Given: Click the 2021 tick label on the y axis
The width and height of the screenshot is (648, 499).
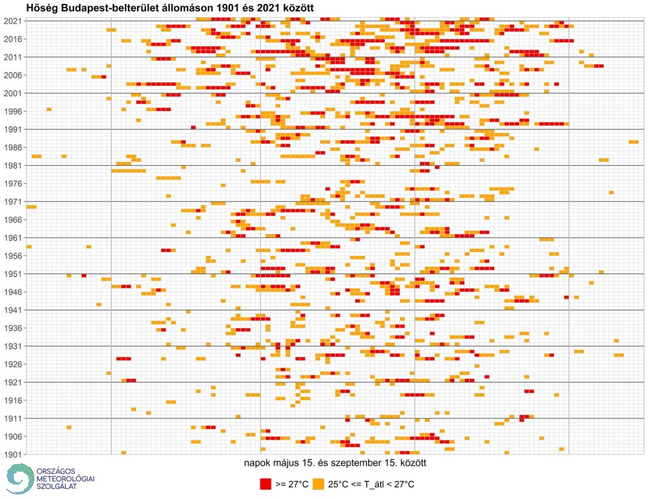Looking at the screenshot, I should point(12,21).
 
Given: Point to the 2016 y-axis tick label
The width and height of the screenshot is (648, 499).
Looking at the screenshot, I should point(12,39).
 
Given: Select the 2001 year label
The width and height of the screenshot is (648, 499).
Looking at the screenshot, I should point(12,93).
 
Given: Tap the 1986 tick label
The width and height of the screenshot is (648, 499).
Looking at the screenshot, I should point(12,147).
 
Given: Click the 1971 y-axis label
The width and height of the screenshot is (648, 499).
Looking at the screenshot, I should point(12,201).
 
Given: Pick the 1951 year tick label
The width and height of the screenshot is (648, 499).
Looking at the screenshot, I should point(12,274).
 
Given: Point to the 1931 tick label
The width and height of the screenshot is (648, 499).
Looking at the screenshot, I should point(12,346).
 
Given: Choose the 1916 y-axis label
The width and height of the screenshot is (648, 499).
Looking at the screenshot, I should point(12,400).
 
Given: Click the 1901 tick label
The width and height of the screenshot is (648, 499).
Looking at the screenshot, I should point(12,454).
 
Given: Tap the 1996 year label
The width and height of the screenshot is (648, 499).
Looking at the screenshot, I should point(12,111).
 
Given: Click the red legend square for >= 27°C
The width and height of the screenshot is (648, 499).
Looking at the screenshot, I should point(265,484).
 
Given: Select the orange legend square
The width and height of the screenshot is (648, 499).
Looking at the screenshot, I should point(318,484).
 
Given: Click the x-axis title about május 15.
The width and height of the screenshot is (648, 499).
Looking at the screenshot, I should point(334,464).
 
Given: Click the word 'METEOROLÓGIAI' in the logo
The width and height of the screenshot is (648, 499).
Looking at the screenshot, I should point(65,478).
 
